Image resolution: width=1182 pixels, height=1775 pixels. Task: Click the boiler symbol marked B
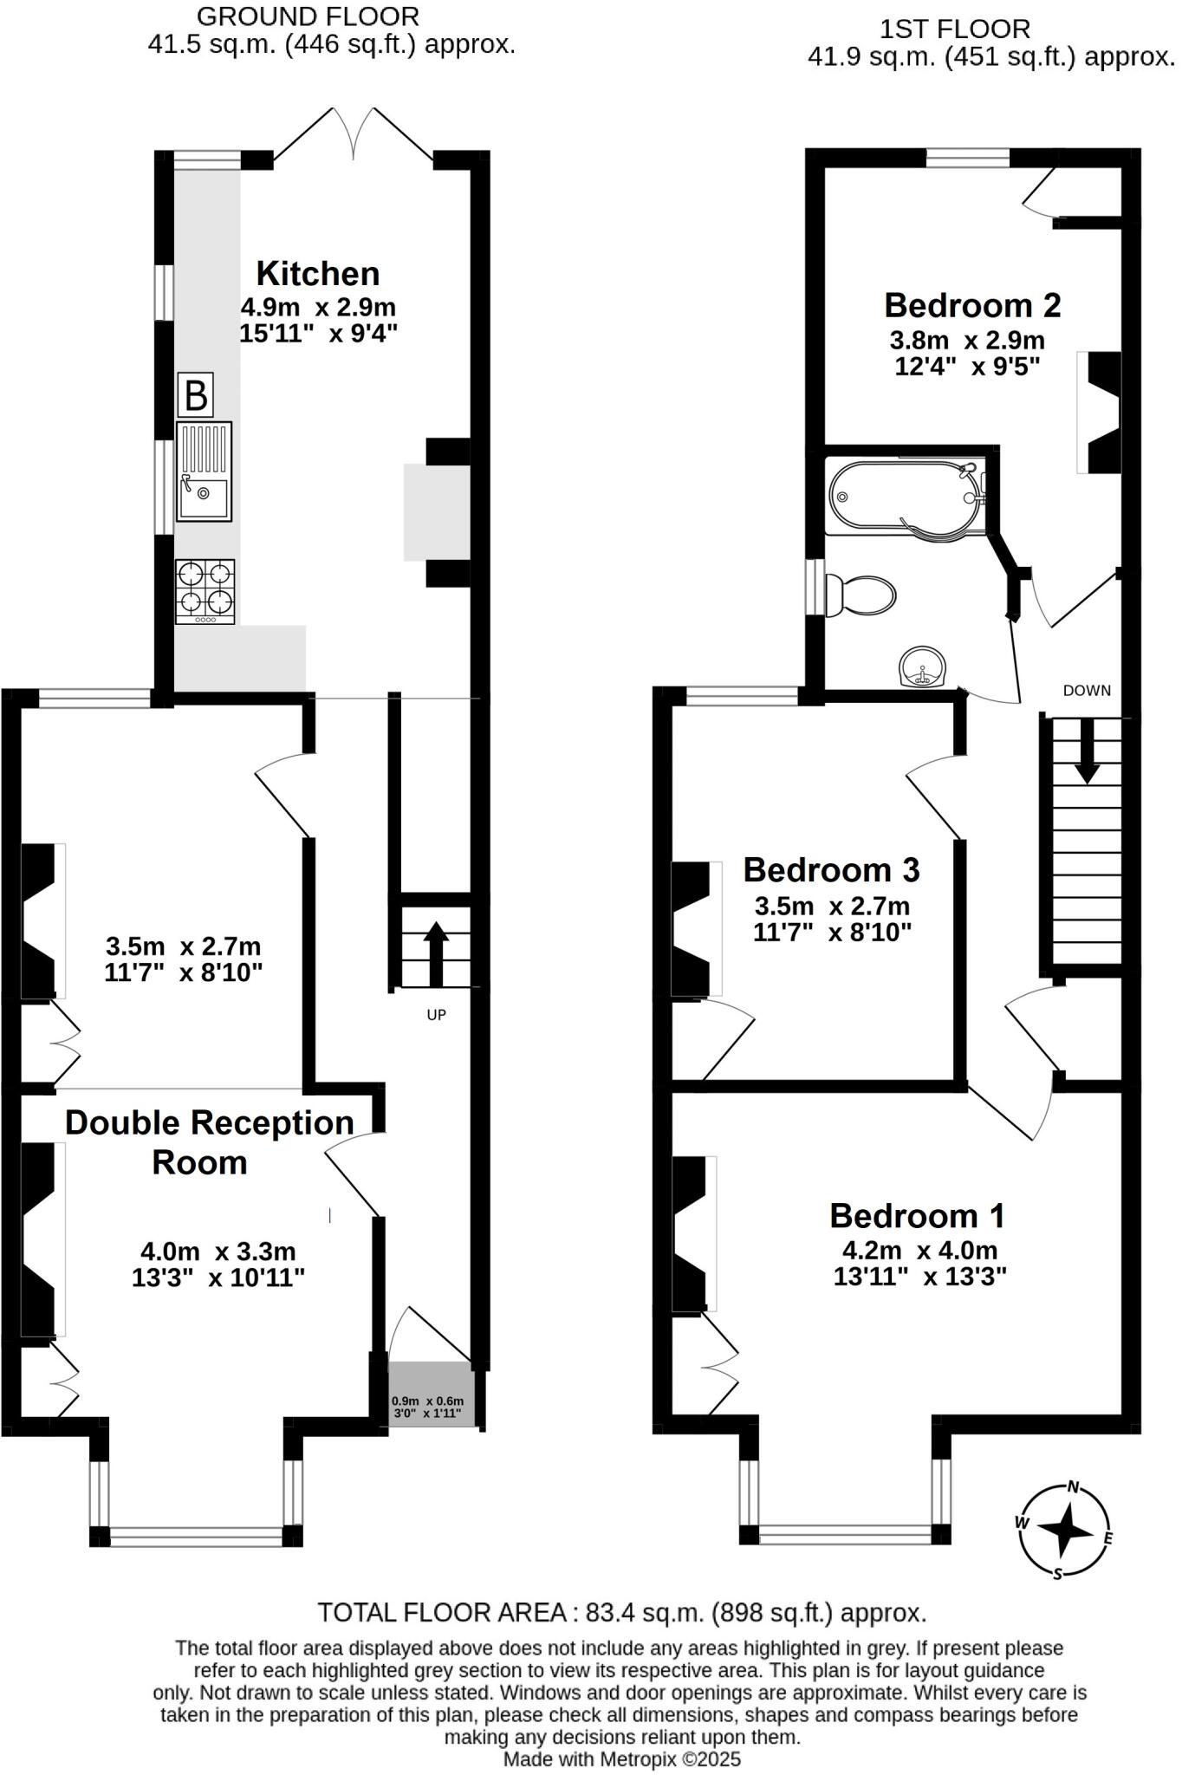tap(195, 395)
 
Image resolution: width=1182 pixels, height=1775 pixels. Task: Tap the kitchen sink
tap(204, 471)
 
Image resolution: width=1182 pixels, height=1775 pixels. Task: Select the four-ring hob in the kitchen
tap(205, 591)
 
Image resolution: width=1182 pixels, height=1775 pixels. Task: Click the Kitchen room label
tap(318, 274)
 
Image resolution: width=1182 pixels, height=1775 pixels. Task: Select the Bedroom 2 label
tap(972, 305)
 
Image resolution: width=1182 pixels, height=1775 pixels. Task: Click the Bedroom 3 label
tap(831, 869)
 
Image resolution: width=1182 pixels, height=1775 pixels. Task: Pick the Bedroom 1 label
tap(917, 1215)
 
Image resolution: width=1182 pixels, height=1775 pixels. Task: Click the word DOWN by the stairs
tap(1087, 691)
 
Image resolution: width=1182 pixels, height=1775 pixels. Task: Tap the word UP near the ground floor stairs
tap(436, 1014)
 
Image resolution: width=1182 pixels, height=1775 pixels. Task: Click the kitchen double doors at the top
tap(354, 134)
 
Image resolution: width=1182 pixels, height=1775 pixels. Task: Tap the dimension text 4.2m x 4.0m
tap(919, 1251)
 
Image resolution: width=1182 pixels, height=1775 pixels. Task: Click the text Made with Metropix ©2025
tap(622, 1759)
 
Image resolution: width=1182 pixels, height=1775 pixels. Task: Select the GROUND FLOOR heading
tap(308, 16)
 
